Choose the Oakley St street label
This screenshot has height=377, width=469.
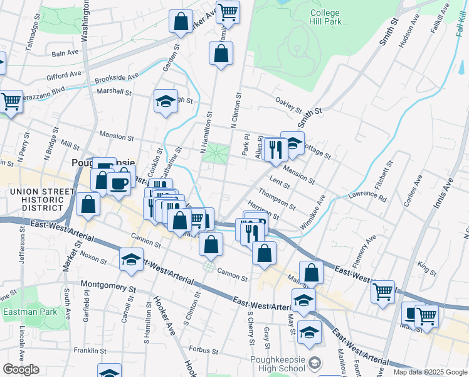(288, 104)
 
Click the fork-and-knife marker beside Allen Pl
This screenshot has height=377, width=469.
(275, 150)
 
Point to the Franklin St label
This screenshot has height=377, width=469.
(91, 350)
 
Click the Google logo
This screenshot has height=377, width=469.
(21, 369)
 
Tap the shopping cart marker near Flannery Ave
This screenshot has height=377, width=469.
(383, 291)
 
